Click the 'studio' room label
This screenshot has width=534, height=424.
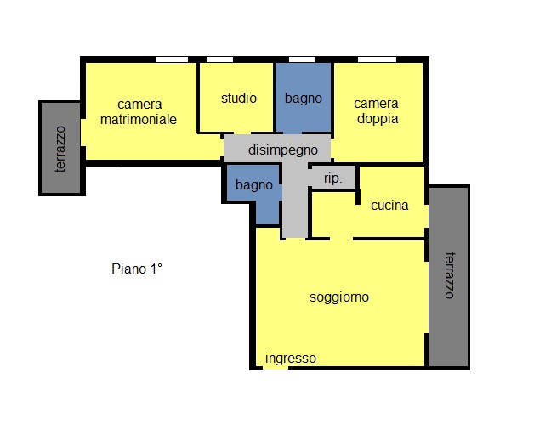239,99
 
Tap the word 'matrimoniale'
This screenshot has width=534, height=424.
139,120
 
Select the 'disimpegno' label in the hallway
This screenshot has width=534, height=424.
283,150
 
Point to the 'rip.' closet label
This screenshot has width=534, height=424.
333,178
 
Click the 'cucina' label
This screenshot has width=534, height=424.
389,205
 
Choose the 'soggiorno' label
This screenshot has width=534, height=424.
339,297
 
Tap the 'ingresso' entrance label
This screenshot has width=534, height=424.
291,359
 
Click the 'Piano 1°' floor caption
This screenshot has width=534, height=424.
137,269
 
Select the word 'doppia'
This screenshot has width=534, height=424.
378,119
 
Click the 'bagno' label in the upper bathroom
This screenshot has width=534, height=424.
304,99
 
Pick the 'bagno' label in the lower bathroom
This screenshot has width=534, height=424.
254,185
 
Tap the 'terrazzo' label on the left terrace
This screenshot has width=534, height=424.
60,149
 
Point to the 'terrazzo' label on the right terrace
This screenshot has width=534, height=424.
450,275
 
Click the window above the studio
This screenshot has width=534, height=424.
219,59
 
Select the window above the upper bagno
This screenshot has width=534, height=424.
302,59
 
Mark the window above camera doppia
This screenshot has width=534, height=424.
377,59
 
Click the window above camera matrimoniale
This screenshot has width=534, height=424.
172,59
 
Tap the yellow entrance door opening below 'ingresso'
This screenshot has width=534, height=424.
276,368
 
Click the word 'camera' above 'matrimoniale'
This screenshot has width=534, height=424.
139,105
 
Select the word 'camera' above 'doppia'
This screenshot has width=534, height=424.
376,104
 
